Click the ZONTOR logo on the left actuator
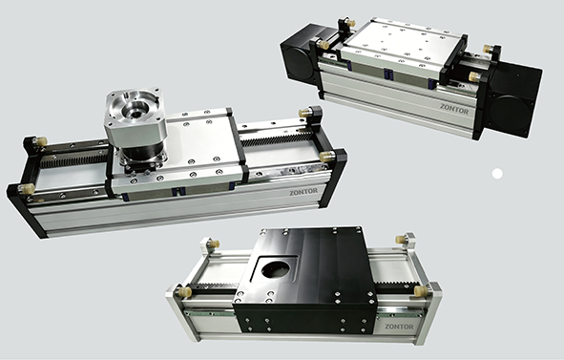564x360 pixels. (303, 192)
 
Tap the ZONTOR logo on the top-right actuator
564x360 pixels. (454, 109)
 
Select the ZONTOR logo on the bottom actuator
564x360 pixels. (399, 327)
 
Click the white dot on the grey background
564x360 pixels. (497, 174)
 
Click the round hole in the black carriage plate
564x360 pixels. (275, 269)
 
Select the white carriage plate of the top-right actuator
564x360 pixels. (401, 47)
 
